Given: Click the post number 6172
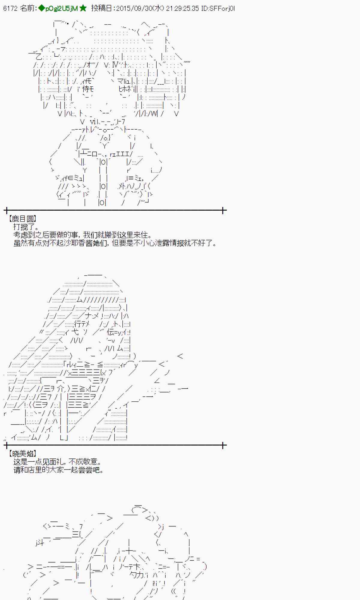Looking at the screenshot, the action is point(10,8).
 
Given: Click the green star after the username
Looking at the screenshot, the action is point(83,8).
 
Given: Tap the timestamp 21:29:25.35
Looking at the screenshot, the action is point(182,8).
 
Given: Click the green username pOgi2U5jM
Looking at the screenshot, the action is point(61,8).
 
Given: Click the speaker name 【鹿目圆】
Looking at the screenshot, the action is point(22,219).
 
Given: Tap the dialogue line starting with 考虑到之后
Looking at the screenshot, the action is point(82,235).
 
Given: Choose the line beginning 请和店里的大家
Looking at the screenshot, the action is point(59,470).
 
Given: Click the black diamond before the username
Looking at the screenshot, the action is point(41,8).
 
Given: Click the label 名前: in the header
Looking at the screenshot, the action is point(28,8).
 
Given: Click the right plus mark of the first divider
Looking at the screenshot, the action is point(223,210).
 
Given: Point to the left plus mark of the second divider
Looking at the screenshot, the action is point(7,445).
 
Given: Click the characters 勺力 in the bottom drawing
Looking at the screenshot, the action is point(137,575).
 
